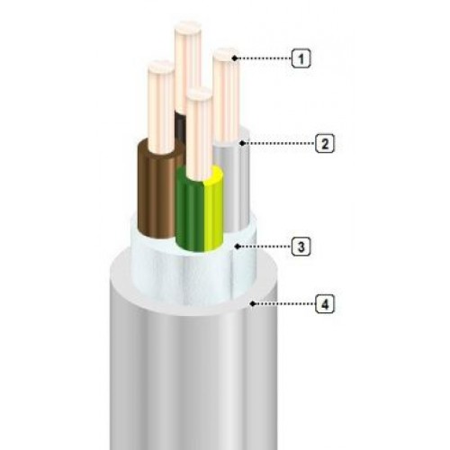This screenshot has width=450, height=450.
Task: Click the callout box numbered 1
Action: [301, 58]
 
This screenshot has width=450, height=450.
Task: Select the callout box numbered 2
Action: [325, 143]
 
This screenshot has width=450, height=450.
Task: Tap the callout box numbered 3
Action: [301, 247]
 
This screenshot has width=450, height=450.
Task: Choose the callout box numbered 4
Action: [325, 304]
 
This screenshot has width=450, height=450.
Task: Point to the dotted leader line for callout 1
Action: [264, 58]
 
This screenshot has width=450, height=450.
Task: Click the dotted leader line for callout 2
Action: [278, 143]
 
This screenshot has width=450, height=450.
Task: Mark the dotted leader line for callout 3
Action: [265, 247]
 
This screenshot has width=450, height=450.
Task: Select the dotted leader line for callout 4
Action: [283, 304]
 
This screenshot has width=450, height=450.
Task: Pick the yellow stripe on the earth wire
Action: [213, 210]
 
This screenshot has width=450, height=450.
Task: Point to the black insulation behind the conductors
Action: [181, 126]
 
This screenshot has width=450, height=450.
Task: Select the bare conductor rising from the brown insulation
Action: [161, 106]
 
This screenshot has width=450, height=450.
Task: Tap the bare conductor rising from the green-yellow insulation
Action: [199, 135]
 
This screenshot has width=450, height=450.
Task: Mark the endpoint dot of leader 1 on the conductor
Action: [235, 58]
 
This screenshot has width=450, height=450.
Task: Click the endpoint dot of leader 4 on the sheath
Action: [252, 304]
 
